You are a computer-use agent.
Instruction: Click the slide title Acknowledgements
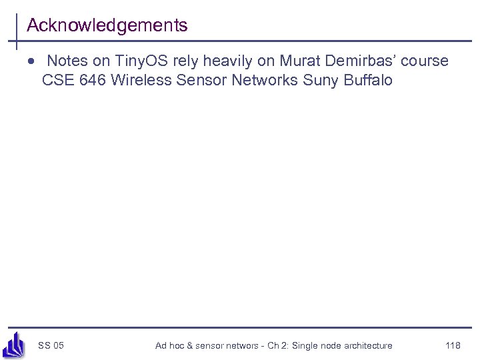coord(107,25)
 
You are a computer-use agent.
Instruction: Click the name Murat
coord(301,61)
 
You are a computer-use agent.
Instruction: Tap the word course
coord(425,61)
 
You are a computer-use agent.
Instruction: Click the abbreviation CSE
coord(57,81)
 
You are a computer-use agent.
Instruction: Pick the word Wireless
coord(142,81)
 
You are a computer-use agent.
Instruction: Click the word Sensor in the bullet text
coord(203,81)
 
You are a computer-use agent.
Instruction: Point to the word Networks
coord(265,81)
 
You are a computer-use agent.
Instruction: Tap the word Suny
coord(319,81)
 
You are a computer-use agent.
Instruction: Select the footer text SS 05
coord(51,345)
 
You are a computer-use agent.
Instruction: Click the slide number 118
coord(453,345)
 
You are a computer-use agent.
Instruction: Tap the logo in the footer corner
coord(13,346)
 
